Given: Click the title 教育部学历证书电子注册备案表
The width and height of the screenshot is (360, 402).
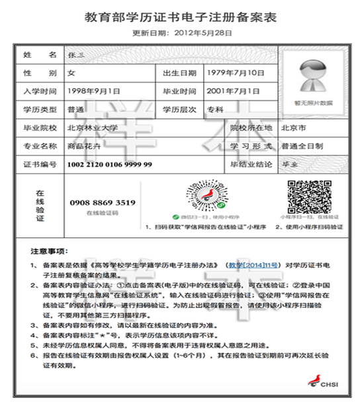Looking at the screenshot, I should pos(180,17).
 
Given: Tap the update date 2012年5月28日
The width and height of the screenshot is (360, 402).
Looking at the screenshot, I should pos(183,33).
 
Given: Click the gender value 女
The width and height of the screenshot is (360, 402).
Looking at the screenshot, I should pos(71,73).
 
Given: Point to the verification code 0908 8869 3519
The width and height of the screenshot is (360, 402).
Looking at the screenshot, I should pos(102,202).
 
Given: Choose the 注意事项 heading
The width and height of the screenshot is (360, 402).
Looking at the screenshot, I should pos(50,252).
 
